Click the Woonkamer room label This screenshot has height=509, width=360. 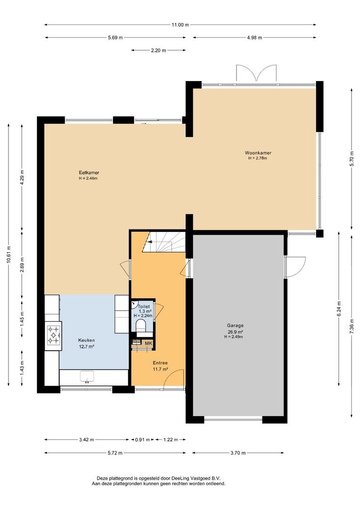(258, 153)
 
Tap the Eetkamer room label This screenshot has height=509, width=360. (89, 172)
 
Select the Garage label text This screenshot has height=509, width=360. (235, 326)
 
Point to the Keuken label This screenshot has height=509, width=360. (86, 341)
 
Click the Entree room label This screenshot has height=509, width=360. (160, 363)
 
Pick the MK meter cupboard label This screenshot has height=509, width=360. (148, 344)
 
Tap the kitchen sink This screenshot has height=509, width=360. (87, 377)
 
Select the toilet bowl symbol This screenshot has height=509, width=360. (141, 326)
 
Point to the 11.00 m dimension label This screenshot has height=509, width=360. (180, 25)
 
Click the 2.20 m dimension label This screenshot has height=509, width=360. (158, 50)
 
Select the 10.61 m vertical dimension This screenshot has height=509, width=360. (9, 254)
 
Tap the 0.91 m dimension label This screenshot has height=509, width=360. (142, 440)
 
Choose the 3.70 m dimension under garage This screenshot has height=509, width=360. (238, 453)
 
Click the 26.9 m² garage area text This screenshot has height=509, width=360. (235, 332)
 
